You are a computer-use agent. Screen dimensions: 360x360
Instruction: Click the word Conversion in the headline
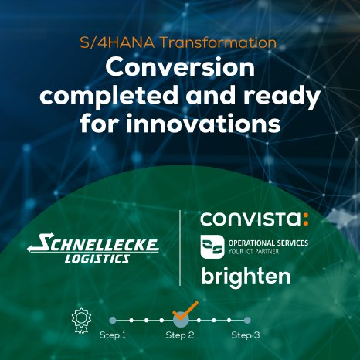click(x=179, y=68)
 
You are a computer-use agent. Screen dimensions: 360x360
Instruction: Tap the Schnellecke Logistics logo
click(x=93, y=250)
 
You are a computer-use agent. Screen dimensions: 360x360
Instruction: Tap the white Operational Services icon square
click(x=212, y=247)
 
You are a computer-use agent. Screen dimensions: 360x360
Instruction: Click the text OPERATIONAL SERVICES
click(x=265, y=243)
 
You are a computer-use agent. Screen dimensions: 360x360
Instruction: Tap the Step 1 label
click(x=112, y=335)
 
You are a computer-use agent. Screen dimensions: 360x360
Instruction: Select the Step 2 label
click(x=179, y=335)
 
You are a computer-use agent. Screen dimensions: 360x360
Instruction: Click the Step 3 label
click(x=246, y=335)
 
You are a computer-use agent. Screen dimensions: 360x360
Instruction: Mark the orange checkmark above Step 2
click(x=185, y=311)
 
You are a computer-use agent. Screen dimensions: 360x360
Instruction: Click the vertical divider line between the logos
click(x=180, y=246)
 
